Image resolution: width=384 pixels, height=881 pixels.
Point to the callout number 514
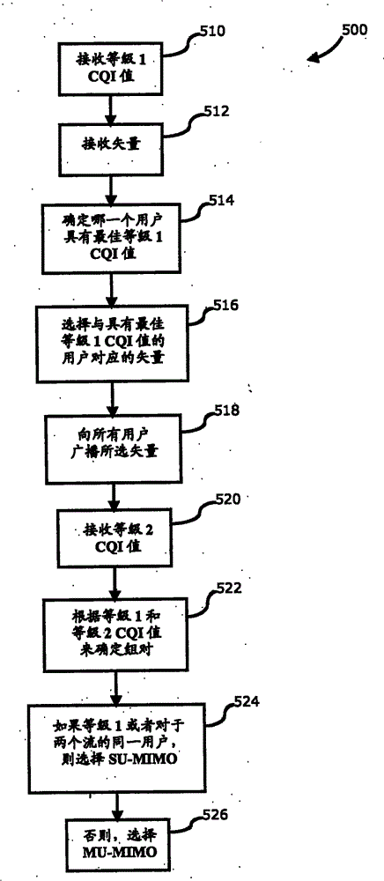(x=218, y=202)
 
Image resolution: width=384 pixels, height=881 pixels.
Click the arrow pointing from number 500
(x=321, y=53)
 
